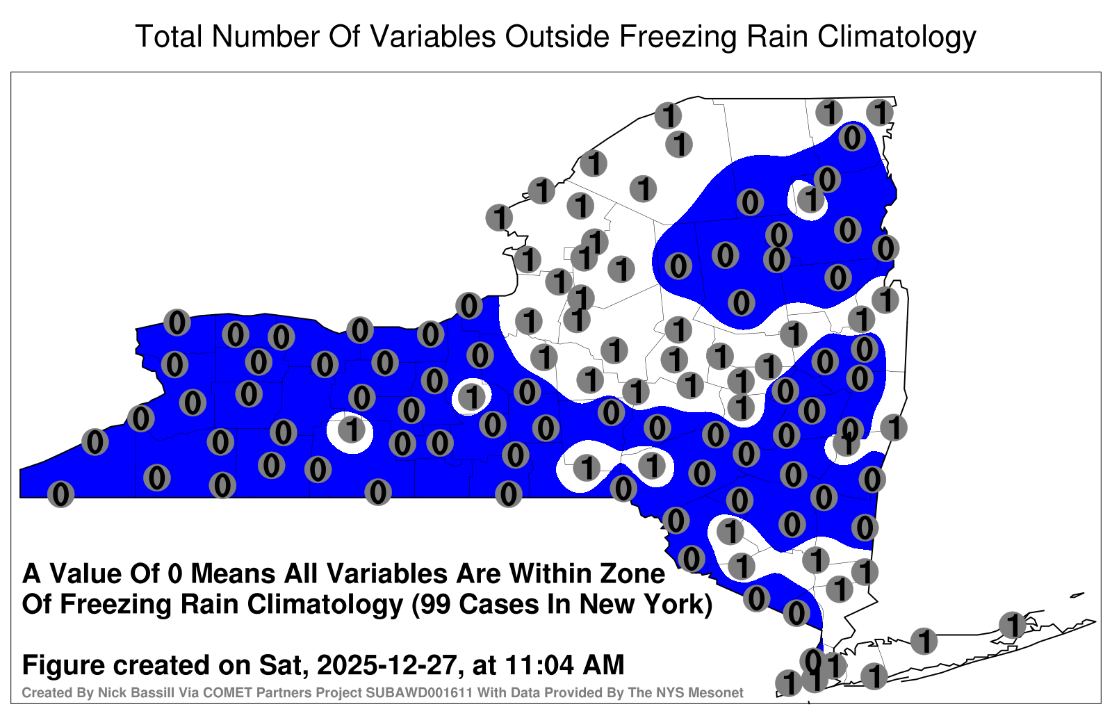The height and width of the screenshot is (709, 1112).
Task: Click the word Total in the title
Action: click(168, 36)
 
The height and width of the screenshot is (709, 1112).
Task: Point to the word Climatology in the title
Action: click(897, 38)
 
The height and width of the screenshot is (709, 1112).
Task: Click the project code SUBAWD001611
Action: click(420, 692)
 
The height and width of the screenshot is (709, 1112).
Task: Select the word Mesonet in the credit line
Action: click(720, 692)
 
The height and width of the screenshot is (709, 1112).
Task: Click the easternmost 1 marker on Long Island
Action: click(1012, 625)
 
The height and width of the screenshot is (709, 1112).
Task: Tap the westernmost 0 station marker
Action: click(60, 494)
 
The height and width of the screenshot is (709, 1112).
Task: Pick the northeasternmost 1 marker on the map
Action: click(880, 112)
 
